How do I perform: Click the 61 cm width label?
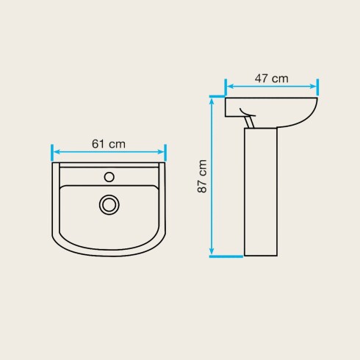click(x=109, y=144)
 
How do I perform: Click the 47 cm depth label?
click(x=271, y=79)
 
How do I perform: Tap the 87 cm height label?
click(x=202, y=176)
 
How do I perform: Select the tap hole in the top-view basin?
click(x=109, y=177)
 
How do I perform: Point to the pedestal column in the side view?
click(x=261, y=192)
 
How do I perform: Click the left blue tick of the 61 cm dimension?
click(x=52, y=153)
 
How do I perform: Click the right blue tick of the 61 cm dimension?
click(x=165, y=153)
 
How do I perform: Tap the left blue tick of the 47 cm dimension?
click(x=226, y=87)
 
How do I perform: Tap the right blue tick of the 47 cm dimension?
click(x=317, y=87)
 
